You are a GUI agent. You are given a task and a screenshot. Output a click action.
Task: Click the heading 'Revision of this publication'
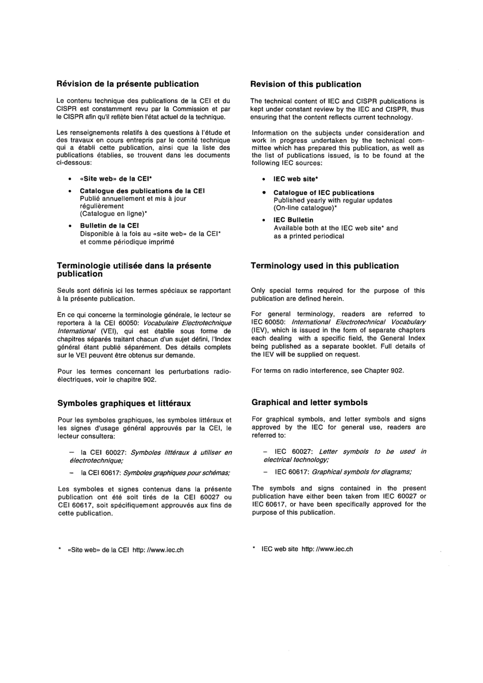coord(306,85)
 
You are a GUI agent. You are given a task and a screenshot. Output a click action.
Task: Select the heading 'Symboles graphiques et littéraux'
coord(124,404)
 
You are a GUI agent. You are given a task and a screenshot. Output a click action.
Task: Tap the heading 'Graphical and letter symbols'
coord(309,403)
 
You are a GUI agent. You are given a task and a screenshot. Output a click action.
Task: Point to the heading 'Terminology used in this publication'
coord(325,266)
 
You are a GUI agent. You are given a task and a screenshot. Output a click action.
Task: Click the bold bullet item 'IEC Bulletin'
coord(293,220)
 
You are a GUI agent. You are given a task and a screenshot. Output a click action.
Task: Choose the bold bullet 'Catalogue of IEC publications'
coord(323,193)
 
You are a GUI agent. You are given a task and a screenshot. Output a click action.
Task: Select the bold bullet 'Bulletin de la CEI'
coord(109,226)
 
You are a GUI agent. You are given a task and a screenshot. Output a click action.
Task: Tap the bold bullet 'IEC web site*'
coord(295,179)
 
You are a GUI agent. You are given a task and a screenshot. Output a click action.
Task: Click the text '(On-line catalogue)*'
coord(305,208)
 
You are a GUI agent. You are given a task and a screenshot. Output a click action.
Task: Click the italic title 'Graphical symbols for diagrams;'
coord(361,472)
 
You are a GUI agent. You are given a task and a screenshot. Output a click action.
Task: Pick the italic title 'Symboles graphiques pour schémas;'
coord(176,473)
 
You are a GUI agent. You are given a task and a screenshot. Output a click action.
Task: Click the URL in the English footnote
coord(327,549)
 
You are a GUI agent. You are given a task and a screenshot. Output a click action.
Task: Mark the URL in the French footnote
coord(158,550)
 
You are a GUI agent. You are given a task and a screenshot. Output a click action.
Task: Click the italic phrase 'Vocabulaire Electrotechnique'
coord(187,323)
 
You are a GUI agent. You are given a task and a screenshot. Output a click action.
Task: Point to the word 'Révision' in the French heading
coord(74,84)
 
